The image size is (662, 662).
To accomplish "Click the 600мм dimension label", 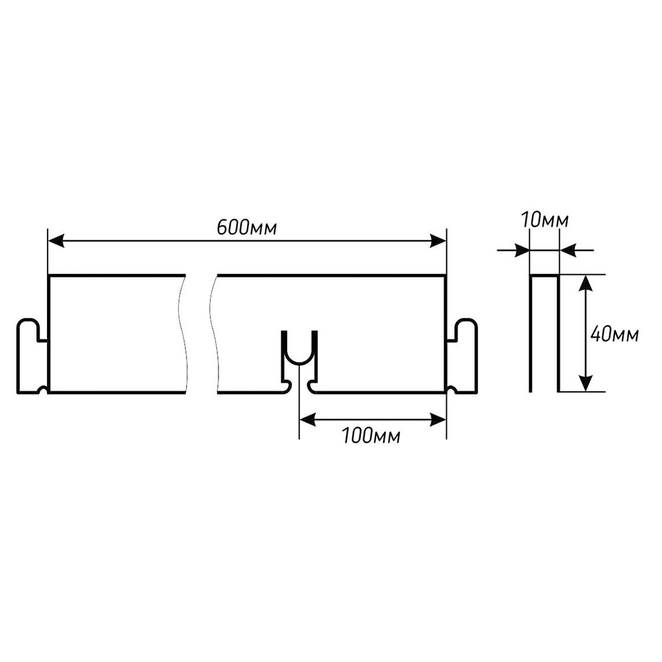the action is [x=247, y=228].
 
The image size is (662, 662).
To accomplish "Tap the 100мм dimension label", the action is [x=371, y=436].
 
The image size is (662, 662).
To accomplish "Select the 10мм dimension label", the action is [x=545, y=220].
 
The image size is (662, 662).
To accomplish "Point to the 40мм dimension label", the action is [x=615, y=334].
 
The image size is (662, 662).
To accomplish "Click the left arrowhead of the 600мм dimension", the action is [x=56, y=242].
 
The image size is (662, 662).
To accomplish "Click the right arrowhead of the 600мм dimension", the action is [x=438, y=242].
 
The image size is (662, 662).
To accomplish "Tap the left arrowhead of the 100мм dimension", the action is [x=307, y=420].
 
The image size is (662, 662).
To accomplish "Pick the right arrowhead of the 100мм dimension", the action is [x=438, y=420].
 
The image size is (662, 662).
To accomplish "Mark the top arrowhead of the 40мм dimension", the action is [x=585, y=283].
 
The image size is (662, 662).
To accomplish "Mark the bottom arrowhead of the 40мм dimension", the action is [x=585, y=383].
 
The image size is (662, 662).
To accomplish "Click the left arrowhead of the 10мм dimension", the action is [x=522, y=250].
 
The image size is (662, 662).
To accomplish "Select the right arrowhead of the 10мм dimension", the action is [x=567, y=250].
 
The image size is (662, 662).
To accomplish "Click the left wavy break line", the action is [x=183, y=334].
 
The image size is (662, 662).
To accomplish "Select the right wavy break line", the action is [x=215, y=334].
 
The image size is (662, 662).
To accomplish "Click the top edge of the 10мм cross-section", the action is [x=545, y=276].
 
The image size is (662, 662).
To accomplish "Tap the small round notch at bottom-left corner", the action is [x=42, y=389].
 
